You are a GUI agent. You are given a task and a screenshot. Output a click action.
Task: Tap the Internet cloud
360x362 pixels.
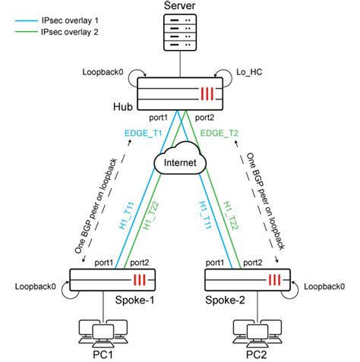pos(179,161)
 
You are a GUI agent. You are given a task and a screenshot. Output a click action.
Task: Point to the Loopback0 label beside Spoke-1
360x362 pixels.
pos(34,288)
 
